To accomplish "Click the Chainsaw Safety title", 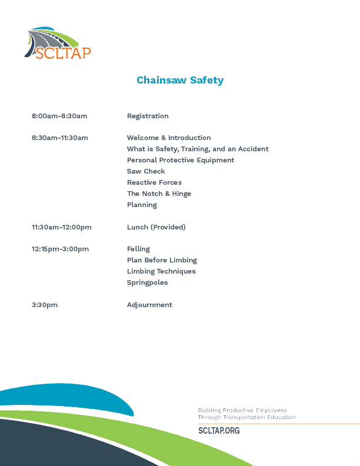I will click(180, 80).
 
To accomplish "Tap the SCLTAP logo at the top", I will click(58, 44).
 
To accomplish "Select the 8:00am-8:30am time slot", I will click(59, 116).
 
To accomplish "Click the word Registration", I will click(148, 116).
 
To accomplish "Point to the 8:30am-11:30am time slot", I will click(60, 138).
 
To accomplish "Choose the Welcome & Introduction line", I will click(169, 138).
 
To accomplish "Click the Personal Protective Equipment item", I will click(181, 160).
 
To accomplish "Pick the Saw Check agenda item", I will click(146, 171).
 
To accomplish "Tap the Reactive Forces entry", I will click(154, 182).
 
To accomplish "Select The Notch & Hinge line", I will click(159, 194).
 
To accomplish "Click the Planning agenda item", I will click(142, 205).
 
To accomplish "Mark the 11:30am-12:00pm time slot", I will click(62, 227).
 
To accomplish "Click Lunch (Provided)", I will click(156, 227).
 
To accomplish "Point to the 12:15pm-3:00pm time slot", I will click(61, 249).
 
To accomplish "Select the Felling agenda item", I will click(138, 249).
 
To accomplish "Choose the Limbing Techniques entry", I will click(161, 271).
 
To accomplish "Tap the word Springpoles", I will click(147, 282).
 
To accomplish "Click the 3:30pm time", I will click(45, 305).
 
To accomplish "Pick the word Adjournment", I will click(149, 305).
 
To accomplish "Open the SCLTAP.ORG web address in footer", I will click(219, 431).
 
